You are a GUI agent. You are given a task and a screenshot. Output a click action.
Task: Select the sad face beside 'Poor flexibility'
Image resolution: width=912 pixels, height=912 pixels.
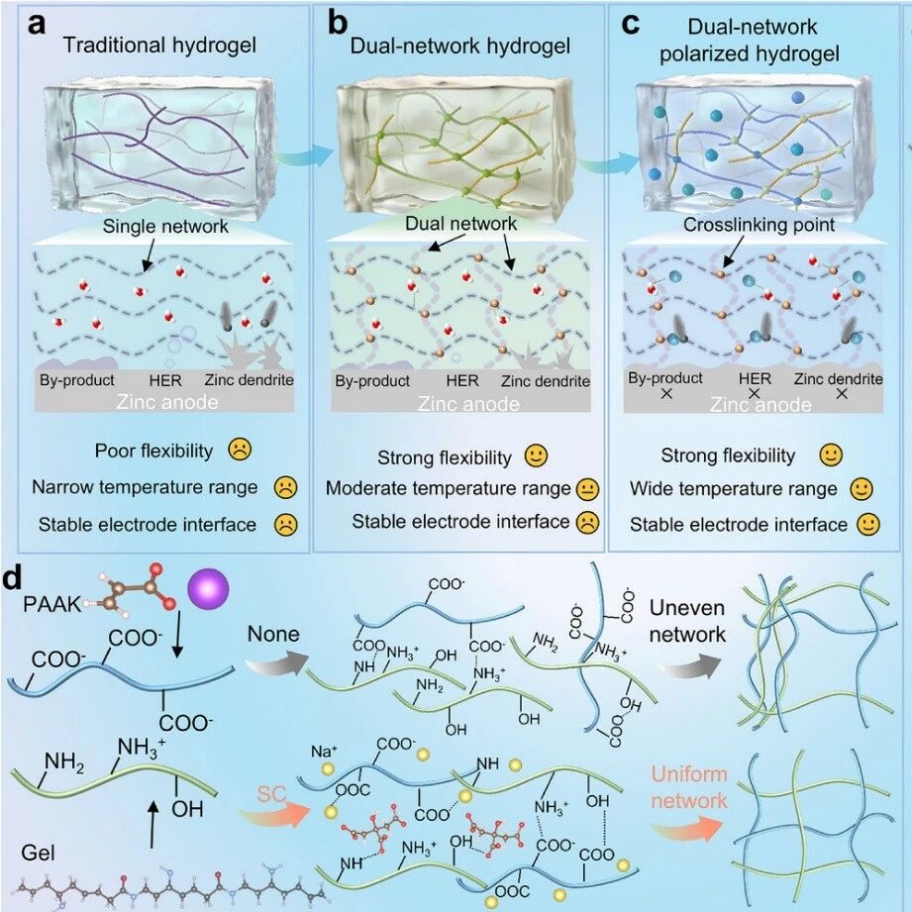coord(239,451)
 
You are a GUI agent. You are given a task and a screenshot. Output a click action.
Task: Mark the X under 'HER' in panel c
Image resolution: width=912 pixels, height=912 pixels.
coord(754,394)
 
